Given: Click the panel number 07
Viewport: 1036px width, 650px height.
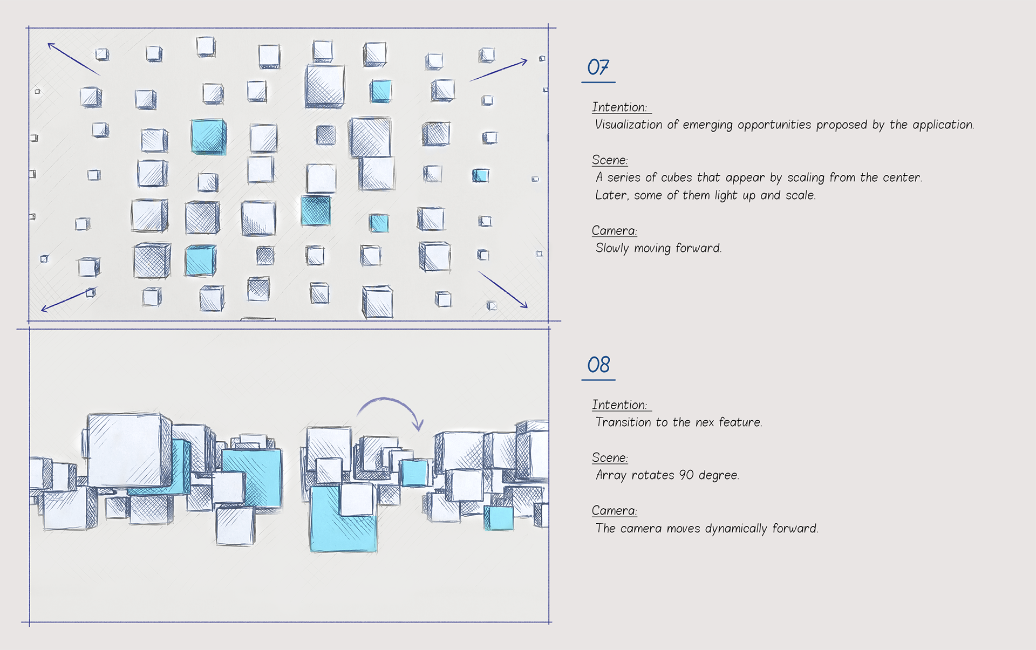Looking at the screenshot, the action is (598, 67).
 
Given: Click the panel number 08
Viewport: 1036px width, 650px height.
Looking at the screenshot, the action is (598, 365).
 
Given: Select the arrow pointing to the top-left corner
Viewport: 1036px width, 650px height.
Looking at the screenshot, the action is (73, 58).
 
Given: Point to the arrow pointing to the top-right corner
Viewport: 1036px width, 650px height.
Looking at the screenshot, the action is (499, 71).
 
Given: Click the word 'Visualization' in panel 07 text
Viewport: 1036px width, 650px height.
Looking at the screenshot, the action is (628, 125).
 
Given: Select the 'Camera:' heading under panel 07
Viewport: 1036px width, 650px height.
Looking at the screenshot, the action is (614, 231).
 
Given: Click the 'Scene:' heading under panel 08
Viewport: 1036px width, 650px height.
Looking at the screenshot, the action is (610, 458).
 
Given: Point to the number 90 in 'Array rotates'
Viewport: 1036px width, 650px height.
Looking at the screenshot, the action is (686, 475).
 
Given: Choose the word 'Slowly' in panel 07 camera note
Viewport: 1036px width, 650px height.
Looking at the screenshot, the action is (612, 248).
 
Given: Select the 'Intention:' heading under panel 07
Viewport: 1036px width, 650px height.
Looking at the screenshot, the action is (619, 107).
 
